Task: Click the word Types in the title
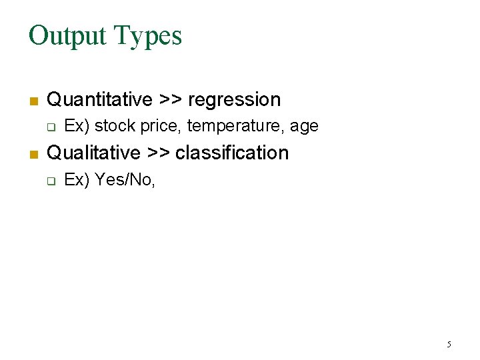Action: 148,37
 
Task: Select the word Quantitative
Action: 100,100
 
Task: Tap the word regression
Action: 235,101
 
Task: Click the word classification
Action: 232,153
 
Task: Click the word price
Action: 161,126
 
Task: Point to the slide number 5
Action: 449,345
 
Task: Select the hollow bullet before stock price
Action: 50,127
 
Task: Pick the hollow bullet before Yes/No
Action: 50,180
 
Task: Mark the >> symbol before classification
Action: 158,153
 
